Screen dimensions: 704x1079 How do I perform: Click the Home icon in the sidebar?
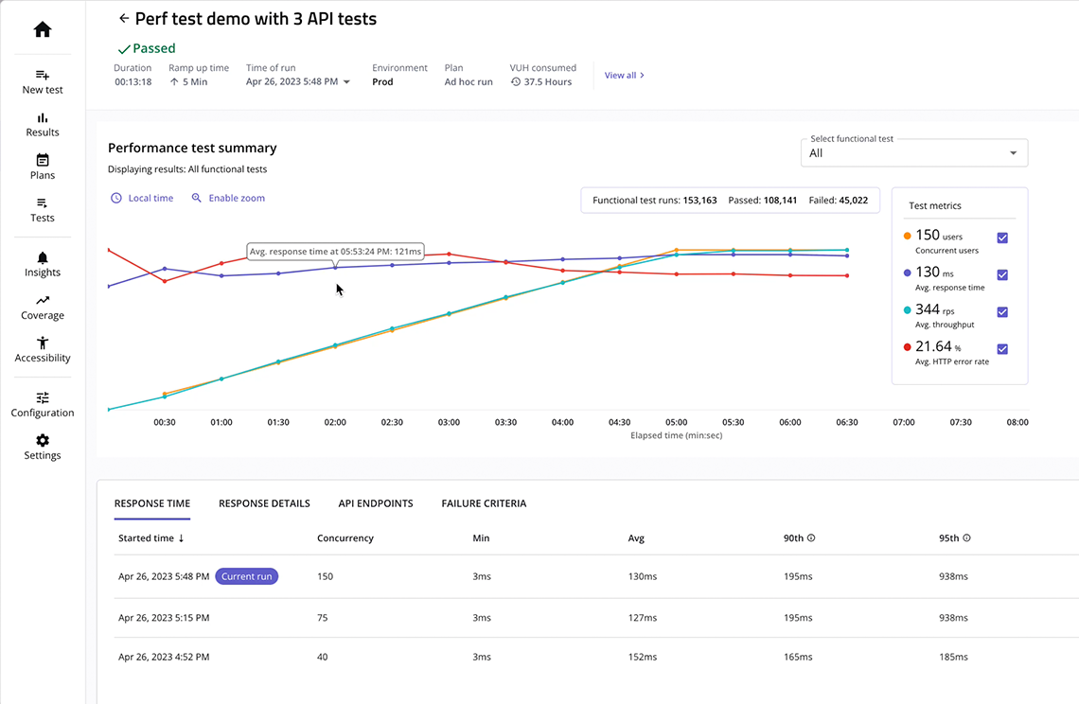pyautogui.click(x=43, y=30)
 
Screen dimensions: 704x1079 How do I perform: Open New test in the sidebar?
pyautogui.click(x=43, y=81)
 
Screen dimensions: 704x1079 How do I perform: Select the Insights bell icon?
pyautogui.click(x=43, y=258)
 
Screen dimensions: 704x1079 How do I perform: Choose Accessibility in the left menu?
pyautogui.click(x=43, y=349)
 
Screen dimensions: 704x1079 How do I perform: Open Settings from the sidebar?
pyautogui.click(x=43, y=447)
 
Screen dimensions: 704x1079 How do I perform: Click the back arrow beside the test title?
pyautogui.click(x=123, y=18)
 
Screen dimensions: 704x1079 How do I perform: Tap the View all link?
pyautogui.click(x=624, y=76)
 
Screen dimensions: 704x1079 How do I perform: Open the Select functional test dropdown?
pyautogui.click(x=913, y=153)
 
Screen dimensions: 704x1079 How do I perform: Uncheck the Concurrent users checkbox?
pyautogui.click(x=1002, y=238)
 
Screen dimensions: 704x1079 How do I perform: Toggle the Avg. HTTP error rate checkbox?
pyautogui.click(x=1002, y=349)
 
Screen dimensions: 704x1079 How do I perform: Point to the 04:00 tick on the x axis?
pyautogui.click(x=562, y=422)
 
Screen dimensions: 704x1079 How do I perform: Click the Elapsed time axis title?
pyautogui.click(x=676, y=436)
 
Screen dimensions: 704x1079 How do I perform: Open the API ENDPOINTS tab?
pyautogui.click(x=376, y=503)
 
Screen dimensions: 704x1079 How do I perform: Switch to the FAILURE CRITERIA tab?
pyautogui.click(x=484, y=503)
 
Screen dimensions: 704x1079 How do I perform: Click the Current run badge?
pyautogui.click(x=247, y=576)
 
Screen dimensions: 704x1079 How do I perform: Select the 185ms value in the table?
pyautogui.click(x=952, y=657)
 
